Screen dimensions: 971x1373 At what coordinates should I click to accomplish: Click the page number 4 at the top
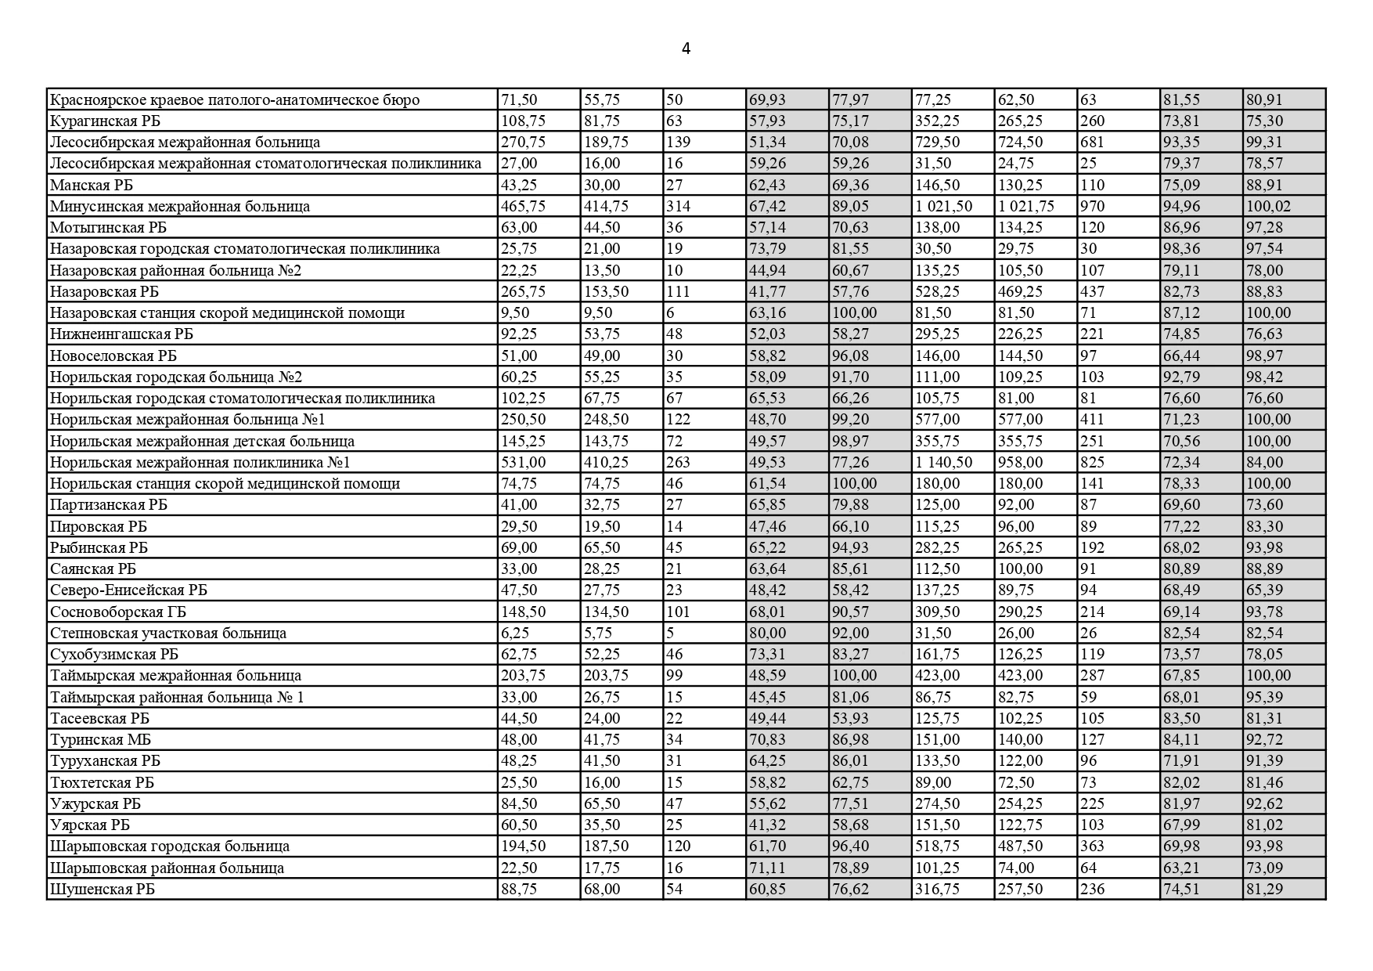tap(686, 49)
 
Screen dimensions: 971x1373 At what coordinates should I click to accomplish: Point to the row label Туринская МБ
tap(100, 739)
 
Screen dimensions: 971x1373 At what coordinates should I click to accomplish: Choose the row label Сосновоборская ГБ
tap(117, 612)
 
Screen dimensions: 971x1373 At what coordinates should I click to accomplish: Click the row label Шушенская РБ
tap(102, 889)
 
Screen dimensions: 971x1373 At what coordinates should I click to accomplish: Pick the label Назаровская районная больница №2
tap(175, 270)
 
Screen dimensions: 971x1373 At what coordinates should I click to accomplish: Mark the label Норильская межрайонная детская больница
tap(202, 441)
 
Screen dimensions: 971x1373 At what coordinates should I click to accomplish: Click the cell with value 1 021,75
tap(1026, 206)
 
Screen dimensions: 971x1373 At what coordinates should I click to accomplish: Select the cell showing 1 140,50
tap(944, 462)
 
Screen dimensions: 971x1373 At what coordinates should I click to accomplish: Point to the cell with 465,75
tap(523, 206)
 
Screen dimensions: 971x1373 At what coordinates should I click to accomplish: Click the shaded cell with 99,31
tap(1264, 142)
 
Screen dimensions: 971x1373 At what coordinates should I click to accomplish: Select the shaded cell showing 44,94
tap(767, 270)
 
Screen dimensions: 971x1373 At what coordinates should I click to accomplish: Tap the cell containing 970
tap(1093, 206)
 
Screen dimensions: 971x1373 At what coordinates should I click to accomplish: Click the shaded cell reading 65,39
tap(1264, 590)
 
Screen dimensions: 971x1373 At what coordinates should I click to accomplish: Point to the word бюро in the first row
tap(403, 99)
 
